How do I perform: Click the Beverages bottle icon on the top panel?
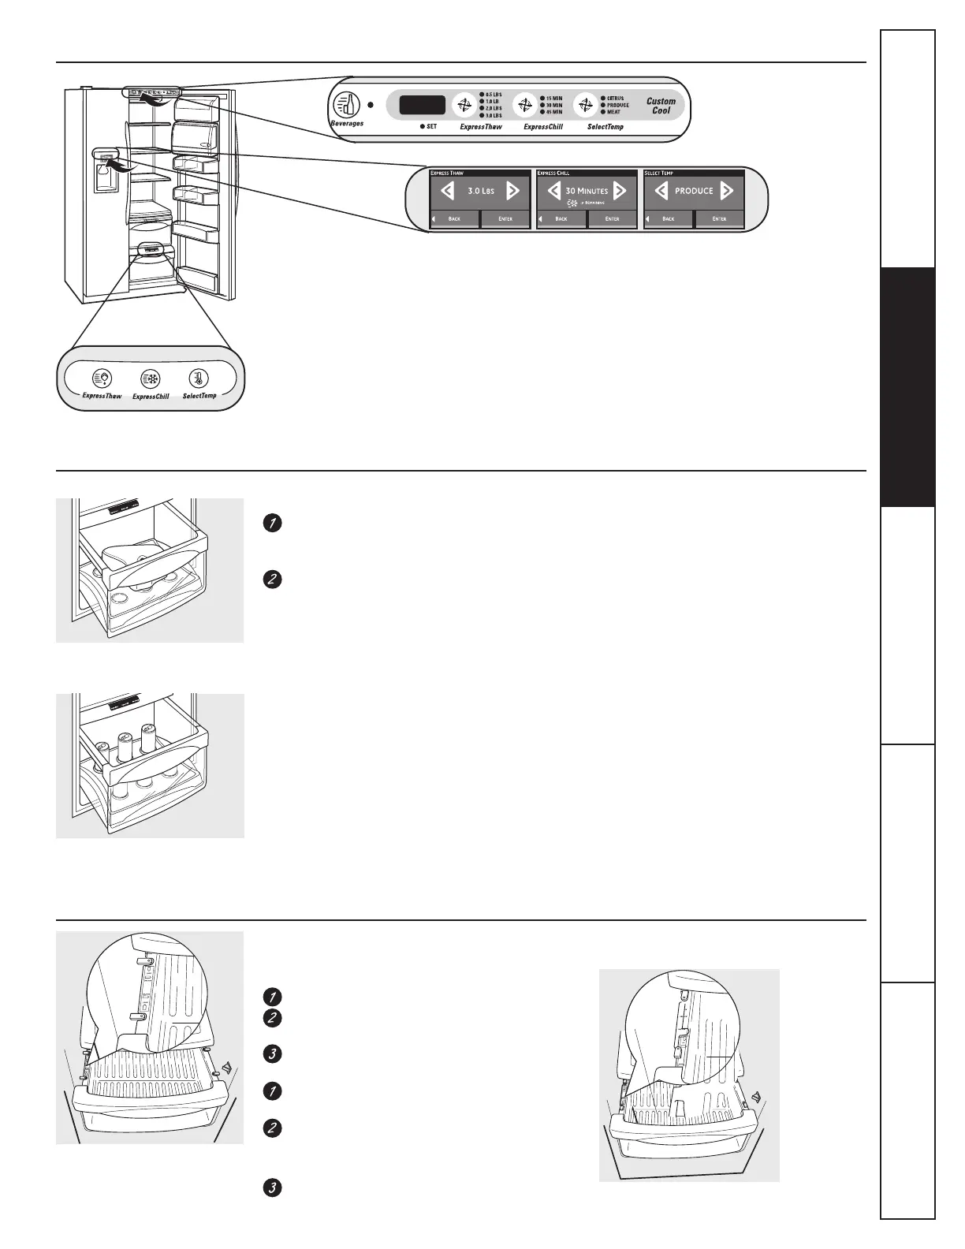click(345, 105)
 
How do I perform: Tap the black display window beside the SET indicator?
click(423, 105)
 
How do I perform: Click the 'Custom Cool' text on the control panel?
click(661, 106)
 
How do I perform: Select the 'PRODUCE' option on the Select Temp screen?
click(694, 191)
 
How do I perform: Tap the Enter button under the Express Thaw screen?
click(505, 218)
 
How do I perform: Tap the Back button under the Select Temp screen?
click(669, 218)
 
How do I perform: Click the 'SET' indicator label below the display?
click(429, 126)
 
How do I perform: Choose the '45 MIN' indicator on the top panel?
click(553, 112)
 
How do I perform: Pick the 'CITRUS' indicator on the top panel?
click(615, 99)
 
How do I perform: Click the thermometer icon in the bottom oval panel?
click(199, 378)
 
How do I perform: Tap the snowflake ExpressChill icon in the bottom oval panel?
click(150, 379)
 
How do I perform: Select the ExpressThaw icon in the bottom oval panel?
click(102, 378)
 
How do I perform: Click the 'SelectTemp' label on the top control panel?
click(605, 126)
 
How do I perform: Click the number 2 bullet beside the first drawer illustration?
click(271, 580)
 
